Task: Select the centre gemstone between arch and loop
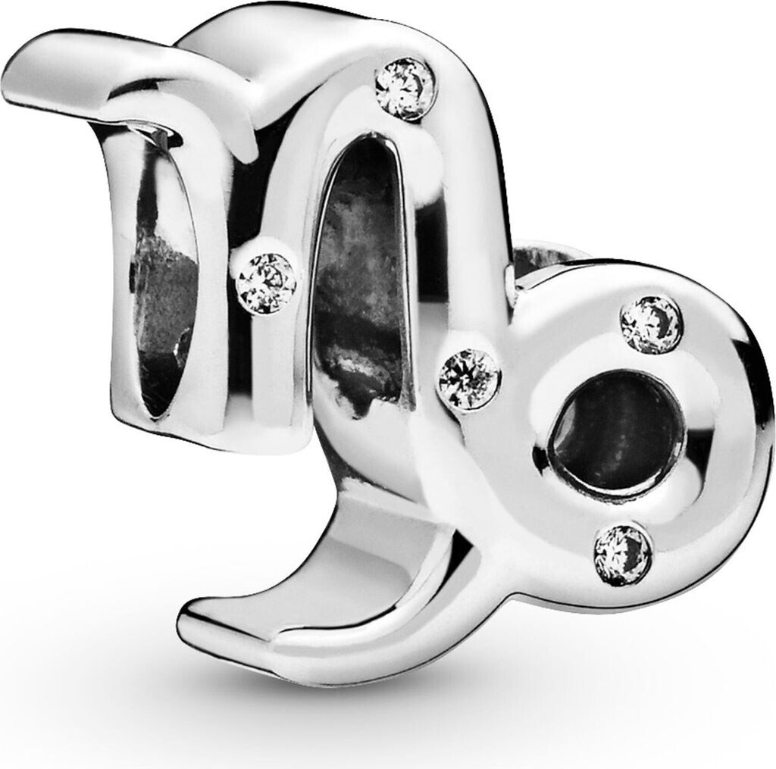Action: (470, 378)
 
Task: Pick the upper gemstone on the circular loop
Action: (651, 324)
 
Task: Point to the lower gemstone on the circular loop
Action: (623, 554)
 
